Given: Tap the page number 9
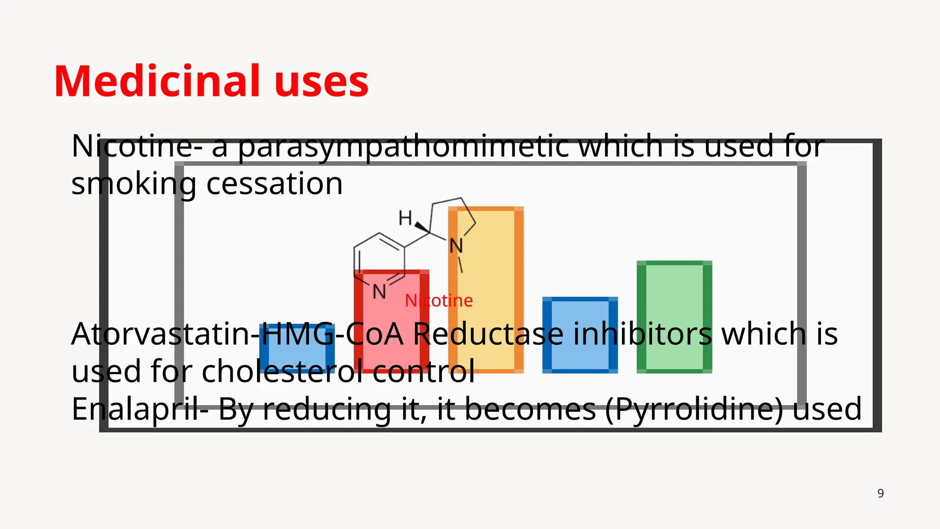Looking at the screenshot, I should [880, 493].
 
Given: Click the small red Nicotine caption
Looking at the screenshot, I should [438, 301].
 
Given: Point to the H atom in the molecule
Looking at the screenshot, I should [405, 218].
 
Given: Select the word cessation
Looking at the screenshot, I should [274, 184].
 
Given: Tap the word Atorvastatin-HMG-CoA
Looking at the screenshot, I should [236, 334].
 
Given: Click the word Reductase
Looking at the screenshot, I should [487, 334].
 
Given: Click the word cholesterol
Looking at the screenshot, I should [282, 371].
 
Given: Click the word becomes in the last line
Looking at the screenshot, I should [530, 409].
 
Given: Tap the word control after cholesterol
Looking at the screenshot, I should [423, 371].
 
